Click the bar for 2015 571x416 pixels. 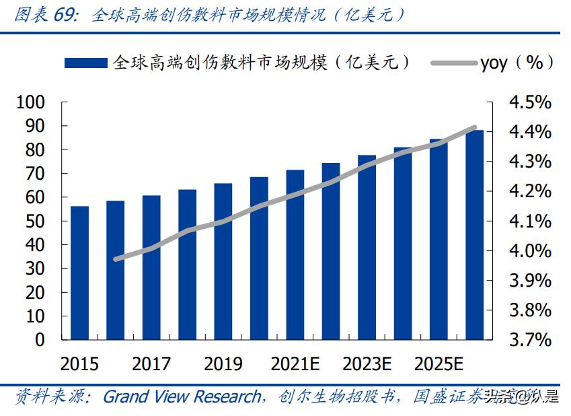point(79,273)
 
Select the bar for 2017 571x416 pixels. point(151,267)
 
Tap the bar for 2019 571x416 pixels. point(223,261)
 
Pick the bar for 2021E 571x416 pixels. point(295,254)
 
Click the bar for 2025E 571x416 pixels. point(439,239)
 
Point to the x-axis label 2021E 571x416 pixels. point(295,364)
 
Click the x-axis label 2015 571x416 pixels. point(79,364)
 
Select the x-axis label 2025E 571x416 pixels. point(439,364)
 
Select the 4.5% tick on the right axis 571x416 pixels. point(530,102)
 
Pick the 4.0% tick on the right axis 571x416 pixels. point(530,251)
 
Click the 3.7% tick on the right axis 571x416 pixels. point(530,340)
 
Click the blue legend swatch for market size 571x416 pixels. point(85,63)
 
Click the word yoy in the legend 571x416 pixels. point(494,63)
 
